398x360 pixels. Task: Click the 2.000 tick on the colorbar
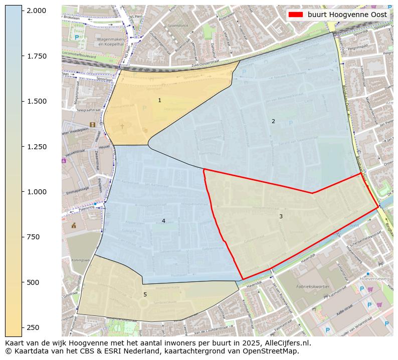pyautogui.click(x=36, y=11)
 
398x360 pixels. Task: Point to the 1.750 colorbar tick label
pyautogui.click(x=36, y=56)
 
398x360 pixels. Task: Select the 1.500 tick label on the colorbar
pyautogui.click(x=36, y=101)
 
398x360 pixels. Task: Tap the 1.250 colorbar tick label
pyautogui.click(x=36, y=147)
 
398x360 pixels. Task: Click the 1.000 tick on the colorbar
pyautogui.click(x=36, y=192)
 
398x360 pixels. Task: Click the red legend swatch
pyautogui.click(x=296, y=15)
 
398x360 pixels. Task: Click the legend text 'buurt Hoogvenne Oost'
pyautogui.click(x=347, y=15)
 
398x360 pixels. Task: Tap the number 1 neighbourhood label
pyautogui.click(x=159, y=101)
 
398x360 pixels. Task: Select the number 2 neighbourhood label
pyautogui.click(x=273, y=121)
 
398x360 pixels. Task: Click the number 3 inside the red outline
pyautogui.click(x=281, y=216)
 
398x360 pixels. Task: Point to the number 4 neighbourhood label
pyautogui.click(x=163, y=221)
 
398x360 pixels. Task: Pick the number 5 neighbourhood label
pyautogui.click(x=145, y=294)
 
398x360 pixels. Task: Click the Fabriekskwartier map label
pyautogui.click(x=311, y=274)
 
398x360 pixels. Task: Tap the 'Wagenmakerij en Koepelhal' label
pyautogui.click(x=114, y=41)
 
